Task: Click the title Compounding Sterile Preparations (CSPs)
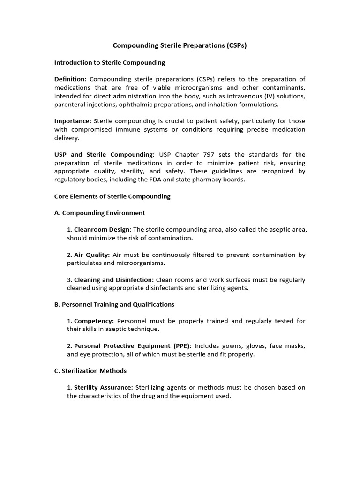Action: pyautogui.click(x=180, y=46)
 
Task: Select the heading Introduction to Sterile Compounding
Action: pyautogui.click(x=110, y=62)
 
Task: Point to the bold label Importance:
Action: pyautogui.click(x=72, y=121)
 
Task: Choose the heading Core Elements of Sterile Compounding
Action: pyautogui.click(x=112, y=196)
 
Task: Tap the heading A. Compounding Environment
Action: pyautogui.click(x=100, y=213)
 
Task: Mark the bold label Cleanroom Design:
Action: pyautogui.click(x=103, y=230)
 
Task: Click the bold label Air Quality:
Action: pyautogui.click(x=92, y=255)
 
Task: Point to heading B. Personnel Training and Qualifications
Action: pyautogui.click(x=114, y=304)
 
